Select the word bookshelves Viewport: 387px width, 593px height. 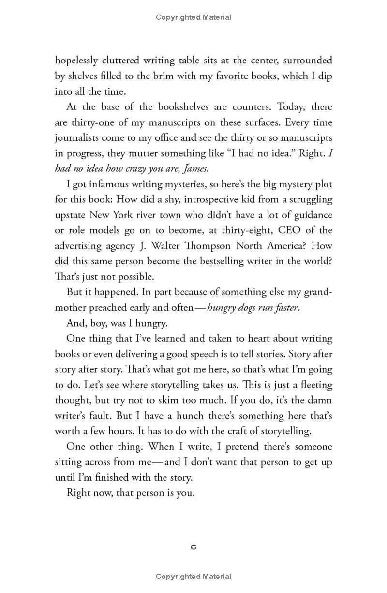[159, 107]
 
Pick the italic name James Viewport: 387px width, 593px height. [193, 168]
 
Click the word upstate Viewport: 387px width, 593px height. [71, 215]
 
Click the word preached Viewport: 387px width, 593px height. [116, 308]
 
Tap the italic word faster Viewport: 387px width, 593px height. [282, 308]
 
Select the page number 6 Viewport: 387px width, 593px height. [193, 547]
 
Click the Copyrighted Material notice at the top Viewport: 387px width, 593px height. [193, 17]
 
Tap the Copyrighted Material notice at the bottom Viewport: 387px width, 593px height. [193, 577]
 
